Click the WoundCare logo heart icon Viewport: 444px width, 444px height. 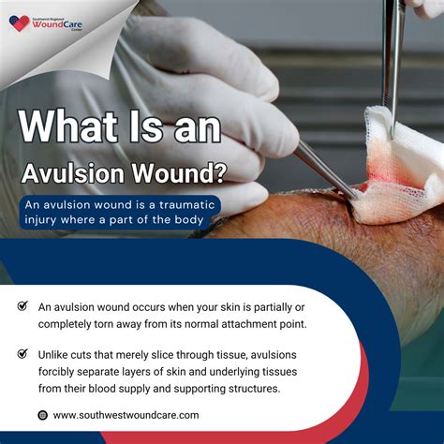20,22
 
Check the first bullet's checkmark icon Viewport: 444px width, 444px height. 22,306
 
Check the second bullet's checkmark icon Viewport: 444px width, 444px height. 22,355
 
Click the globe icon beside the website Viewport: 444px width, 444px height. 42,415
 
